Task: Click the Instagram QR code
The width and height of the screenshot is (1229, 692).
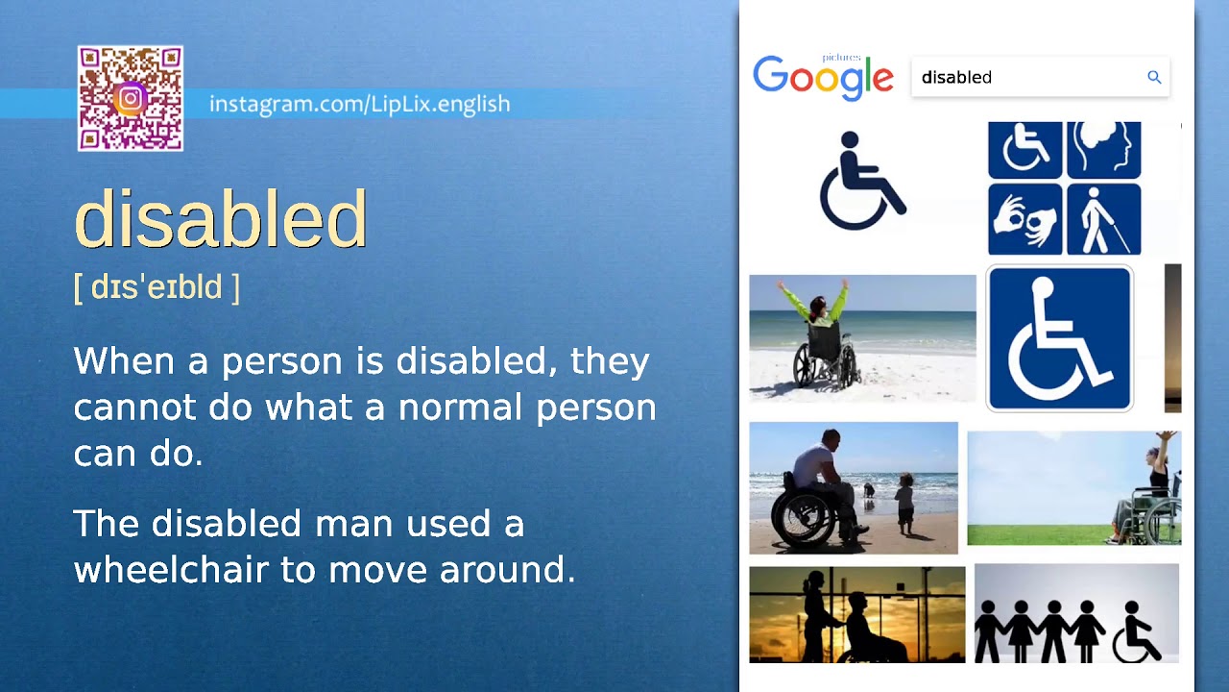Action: click(131, 99)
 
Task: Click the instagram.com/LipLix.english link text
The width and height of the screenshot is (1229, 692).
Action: click(359, 104)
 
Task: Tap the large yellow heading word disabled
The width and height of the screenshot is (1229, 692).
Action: click(221, 219)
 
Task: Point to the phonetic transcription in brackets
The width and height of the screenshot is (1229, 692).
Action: click(157, 286)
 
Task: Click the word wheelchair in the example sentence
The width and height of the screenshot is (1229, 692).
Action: click(172, 570)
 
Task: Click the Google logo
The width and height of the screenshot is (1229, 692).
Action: click(823, 77)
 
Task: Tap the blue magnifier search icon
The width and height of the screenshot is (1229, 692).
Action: click(1154, 77)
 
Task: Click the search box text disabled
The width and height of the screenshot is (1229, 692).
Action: click(956, 78)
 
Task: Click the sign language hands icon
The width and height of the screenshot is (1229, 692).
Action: click(1024, 220)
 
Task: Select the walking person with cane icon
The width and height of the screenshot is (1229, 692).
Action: click(1103, 220)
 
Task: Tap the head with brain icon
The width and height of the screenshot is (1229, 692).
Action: click(1103, 149)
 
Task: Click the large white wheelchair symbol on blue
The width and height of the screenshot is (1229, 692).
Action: click(1059, 338)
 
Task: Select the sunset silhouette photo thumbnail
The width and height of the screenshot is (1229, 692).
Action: click(856, 615)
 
